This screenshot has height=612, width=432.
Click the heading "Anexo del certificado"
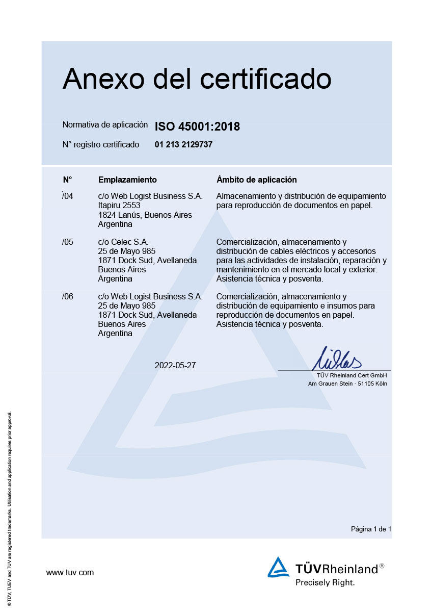(x=197, y=79)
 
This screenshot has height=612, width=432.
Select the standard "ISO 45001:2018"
(x=197, y=126)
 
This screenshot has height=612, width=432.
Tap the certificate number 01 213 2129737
(x=183, y=145)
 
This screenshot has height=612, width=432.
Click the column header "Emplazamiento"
(x=127, y=180)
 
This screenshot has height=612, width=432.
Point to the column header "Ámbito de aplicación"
(x=257, y=180)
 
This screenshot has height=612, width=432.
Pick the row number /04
(x=68, y=196)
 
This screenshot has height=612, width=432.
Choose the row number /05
(x=68, y=242)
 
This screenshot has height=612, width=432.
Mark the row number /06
(x=68, y=297)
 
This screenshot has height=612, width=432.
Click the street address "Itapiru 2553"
(x=119, y=206)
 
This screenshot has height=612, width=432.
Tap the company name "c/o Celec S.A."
(x=123, y=242)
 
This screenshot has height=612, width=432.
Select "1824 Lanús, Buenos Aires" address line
(x=145, y=215)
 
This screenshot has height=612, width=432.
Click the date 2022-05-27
(x=175, y=365)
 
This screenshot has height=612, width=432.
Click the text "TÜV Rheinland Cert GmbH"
(x=352, y=376)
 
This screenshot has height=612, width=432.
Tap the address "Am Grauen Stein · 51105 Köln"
(x=347, y=384)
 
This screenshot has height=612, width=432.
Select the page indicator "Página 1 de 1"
(x=371, y=529)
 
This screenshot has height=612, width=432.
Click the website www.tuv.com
(x=70, y=573)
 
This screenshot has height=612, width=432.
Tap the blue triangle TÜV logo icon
(x=278, y=567)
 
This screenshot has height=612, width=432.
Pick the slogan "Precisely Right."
(x=325, y=582)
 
